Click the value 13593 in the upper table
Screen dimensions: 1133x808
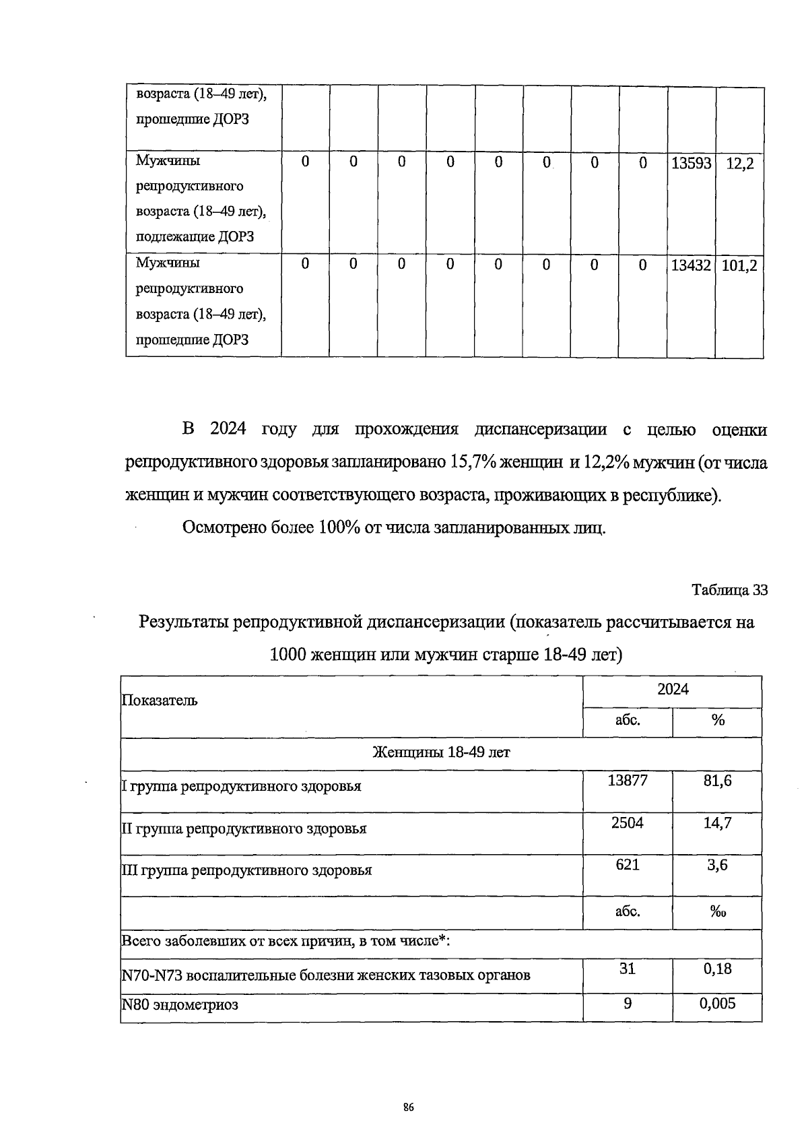[691, 163]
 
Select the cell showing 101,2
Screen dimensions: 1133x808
[739, 266]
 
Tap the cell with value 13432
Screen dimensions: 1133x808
[691, 265]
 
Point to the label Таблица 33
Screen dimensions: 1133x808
[730, 590]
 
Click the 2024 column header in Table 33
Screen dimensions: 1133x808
[673, 689]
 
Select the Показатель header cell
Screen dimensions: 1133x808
[160, 700]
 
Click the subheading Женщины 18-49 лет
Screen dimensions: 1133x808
[441, 752]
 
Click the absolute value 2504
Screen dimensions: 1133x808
[627, 822]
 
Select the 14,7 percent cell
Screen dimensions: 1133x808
[717, 822]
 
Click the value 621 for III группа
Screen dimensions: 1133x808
[627, 864]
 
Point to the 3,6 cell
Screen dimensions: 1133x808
[717, 865]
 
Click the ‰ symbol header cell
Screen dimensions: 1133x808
[717, 912]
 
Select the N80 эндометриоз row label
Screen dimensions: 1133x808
[180, 1006]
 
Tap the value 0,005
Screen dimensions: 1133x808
[717, 1004]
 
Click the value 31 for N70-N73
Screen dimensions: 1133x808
[627, 969]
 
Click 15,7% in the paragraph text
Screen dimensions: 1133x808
[469, 463]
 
